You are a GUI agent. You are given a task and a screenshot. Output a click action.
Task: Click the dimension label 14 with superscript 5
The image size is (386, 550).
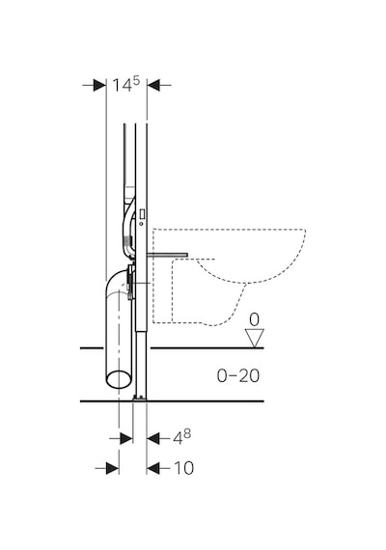[126, 84]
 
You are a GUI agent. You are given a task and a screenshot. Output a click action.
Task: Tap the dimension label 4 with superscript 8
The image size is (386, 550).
[181, 437]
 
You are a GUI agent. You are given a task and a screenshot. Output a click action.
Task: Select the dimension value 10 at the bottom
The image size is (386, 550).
[184, 468]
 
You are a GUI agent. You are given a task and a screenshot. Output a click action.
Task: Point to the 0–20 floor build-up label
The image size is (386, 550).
[238, 376]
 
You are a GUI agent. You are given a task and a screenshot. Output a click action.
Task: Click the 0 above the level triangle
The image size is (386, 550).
[254, 320]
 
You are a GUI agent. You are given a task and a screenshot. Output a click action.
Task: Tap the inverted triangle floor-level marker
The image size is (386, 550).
[255, 338]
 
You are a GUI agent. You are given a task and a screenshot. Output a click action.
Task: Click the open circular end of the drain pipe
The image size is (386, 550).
[120, 379]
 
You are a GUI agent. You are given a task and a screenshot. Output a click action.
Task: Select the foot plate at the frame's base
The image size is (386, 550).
[140, 399]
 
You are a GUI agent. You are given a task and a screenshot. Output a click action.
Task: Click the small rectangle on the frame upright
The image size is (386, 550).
[143, 213]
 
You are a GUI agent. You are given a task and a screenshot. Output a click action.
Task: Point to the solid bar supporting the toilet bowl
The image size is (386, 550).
[168, 255]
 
